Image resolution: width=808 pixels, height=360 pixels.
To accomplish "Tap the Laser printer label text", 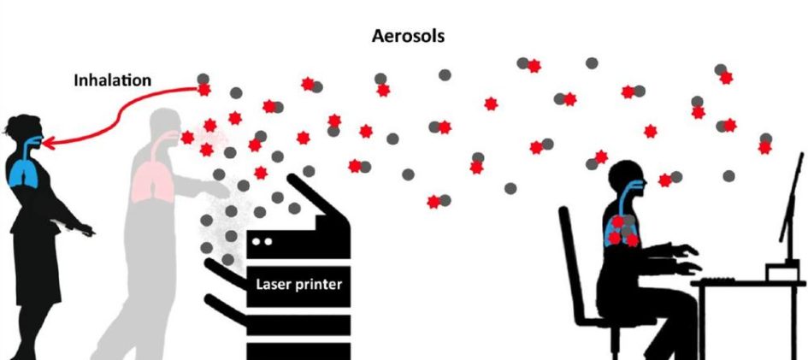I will [x=298, y=283].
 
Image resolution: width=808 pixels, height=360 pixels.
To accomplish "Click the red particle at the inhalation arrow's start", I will [x=204, y=89].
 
